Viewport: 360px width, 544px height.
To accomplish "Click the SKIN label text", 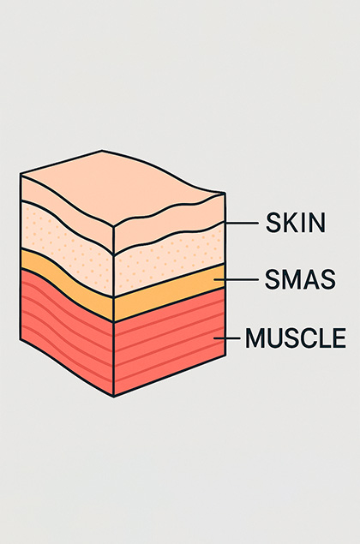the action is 296,223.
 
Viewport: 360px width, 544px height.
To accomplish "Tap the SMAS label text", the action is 300,279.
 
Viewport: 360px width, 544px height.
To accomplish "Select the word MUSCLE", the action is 296,338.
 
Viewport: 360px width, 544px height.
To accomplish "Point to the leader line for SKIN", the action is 242,224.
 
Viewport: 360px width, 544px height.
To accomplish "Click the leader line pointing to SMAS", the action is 236,279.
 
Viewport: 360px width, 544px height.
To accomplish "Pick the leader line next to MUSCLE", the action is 226,338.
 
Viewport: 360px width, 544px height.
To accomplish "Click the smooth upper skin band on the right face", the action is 170,222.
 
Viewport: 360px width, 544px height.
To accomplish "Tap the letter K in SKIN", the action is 287,223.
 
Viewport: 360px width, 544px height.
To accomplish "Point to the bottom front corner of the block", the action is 114,396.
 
